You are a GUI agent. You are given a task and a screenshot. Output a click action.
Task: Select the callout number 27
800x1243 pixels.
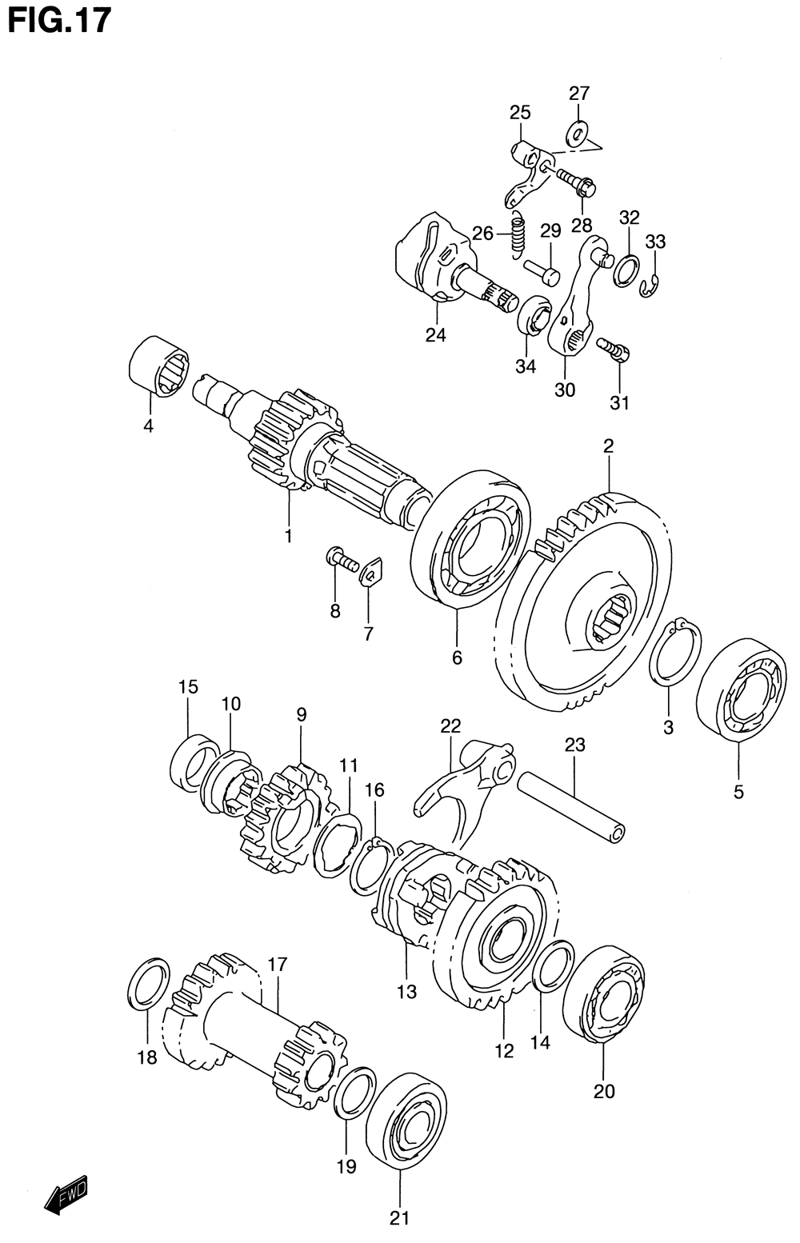point(579,94)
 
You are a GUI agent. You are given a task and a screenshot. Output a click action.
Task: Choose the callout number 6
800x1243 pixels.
point(457,657)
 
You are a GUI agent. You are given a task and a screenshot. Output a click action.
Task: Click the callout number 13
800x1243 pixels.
point(406,992)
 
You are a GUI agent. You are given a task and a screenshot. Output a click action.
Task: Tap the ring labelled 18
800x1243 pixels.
point(148,981)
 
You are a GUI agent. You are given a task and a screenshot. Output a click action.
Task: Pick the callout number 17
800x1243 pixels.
point(277,964)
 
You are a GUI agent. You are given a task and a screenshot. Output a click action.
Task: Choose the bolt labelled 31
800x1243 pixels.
point(614,350)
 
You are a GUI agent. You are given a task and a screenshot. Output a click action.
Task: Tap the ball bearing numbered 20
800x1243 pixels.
point(604,995)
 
